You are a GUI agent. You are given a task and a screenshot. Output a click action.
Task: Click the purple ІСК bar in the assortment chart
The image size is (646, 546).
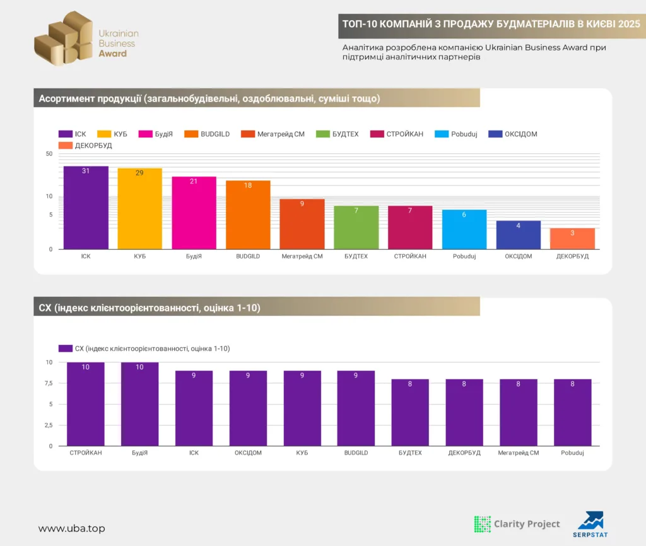pos(86,207)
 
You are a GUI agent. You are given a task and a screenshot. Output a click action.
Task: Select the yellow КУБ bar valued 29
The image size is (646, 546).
pos(139,209)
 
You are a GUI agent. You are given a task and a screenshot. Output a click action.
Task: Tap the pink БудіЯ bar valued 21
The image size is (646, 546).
pos(194,212)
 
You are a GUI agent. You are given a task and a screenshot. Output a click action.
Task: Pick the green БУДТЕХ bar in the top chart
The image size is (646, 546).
pos(356,227)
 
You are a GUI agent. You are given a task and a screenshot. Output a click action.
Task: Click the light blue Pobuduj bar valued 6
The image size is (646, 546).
pos(464,229)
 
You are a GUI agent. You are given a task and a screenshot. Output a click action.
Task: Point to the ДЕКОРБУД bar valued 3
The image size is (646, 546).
pos(572,238)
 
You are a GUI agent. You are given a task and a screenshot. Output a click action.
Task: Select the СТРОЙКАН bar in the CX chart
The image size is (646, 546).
pos(86,404)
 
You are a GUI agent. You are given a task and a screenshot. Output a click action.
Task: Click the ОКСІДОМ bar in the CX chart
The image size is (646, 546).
pos(248,408)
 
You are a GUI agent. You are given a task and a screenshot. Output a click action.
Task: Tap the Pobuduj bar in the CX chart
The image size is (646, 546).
pos(572,412)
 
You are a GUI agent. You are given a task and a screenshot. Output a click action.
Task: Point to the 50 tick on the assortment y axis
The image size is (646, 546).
pos(49,154)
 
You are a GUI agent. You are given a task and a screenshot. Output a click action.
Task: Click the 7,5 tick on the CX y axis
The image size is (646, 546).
pos(49,383)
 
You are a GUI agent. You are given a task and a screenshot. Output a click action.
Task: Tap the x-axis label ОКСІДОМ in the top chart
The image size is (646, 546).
pos(518,256)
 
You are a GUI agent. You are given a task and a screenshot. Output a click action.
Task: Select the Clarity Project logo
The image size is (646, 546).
pos(517,524)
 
